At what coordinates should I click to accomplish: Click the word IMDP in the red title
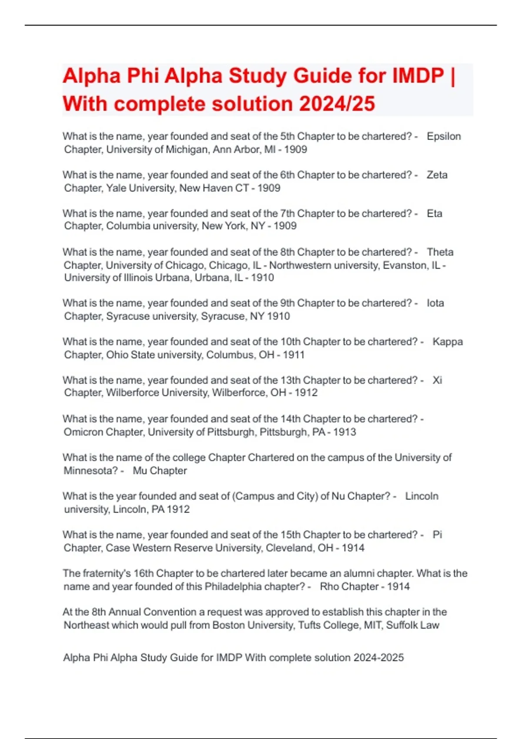[418, 76]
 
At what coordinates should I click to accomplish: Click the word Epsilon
[444, 136]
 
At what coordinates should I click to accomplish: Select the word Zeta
[437, 175]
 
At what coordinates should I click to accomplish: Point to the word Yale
[116, 188]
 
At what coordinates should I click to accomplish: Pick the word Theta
[440, 252]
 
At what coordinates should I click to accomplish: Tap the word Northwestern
[298, 265]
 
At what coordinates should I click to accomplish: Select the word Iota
[435, 303]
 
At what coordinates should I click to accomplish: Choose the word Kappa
[447, 342]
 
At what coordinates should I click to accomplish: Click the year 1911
[293, 355]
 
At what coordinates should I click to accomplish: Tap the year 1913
[345, 432]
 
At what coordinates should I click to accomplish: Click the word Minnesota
[90, 471]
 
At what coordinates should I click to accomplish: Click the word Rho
[329, 586]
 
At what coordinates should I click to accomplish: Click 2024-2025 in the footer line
[378, 658]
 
